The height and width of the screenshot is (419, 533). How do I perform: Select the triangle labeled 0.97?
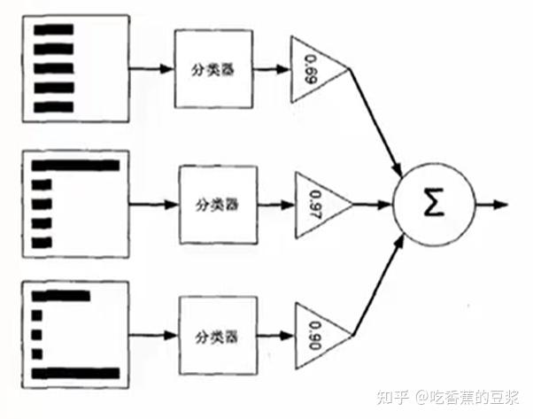pos(316,204)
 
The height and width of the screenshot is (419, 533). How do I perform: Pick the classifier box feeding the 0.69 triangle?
pos(212,68)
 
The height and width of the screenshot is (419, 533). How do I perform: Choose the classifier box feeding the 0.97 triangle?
pos(216,204)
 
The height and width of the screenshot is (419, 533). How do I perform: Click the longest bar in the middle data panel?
pos(74,165)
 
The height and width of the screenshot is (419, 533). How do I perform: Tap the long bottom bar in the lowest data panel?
pos(74,373)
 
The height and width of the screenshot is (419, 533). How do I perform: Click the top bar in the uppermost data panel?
pos(52,27)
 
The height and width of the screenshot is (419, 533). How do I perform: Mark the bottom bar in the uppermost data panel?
pos(52,107)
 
